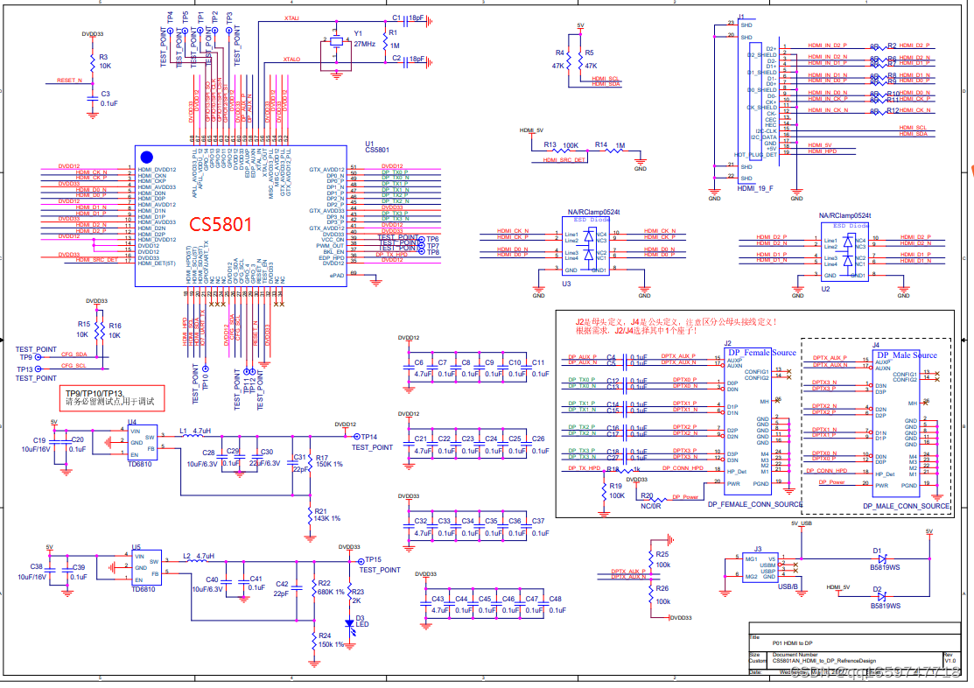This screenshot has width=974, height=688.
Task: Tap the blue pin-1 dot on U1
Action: [148, 157]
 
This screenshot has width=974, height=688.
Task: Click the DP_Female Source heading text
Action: [758, 353]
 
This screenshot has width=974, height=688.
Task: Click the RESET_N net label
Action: [69, 80]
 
